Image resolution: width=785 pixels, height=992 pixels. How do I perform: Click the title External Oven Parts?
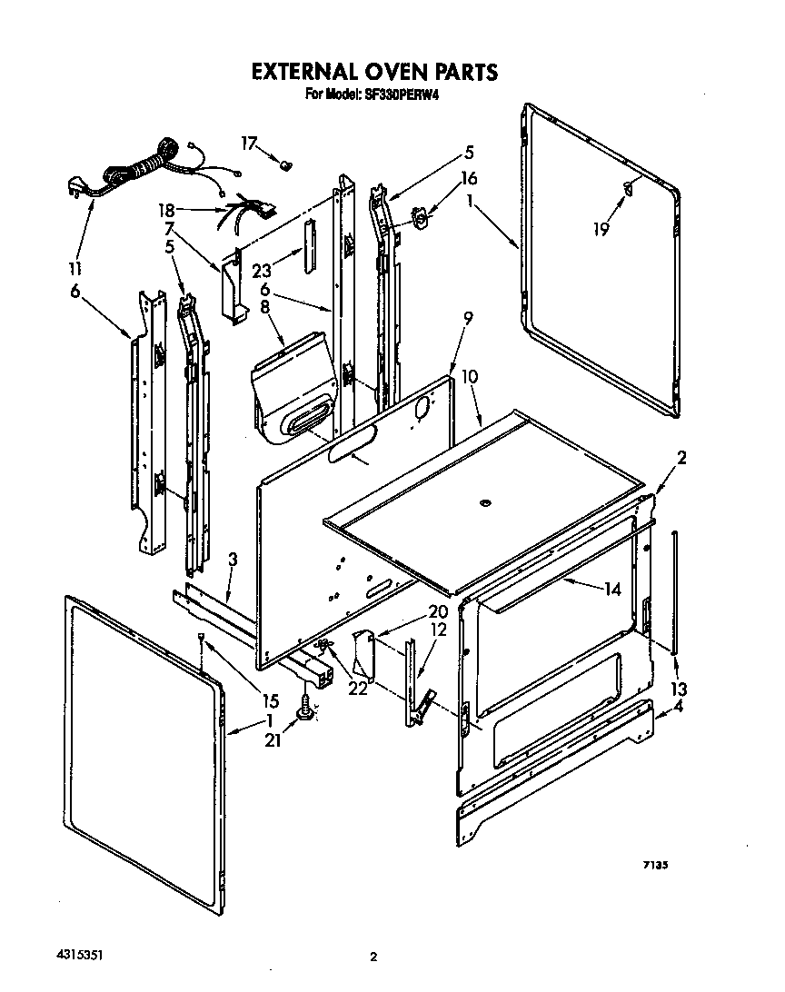[x=374, y=71]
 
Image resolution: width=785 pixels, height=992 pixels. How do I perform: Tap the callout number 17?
[x=249, y=143]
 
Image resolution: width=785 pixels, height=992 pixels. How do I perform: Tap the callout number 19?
[x=601, y=230]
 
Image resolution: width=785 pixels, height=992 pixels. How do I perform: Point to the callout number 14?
[x=611, y=590]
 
